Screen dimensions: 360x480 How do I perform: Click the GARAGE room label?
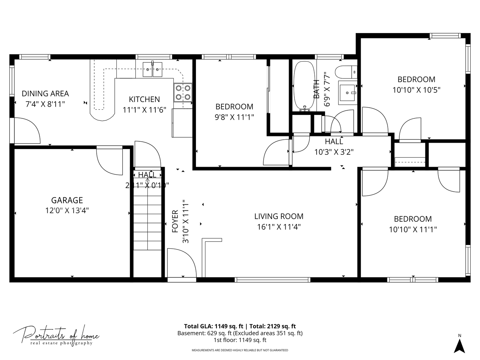point(67,200)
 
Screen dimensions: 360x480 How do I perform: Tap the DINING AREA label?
point(45,94)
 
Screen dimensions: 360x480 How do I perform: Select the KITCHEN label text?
point(144,99)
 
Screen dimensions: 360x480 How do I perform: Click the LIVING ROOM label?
point(279,216)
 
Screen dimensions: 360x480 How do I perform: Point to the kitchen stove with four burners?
point(183,93)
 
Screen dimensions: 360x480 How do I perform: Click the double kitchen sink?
point(153,69)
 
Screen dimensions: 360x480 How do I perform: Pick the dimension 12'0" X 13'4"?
point(67,211)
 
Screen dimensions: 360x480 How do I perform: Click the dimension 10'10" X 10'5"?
point(416,90)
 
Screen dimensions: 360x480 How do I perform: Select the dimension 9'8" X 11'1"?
point(234,117)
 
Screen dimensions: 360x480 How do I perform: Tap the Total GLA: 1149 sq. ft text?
point(214,326)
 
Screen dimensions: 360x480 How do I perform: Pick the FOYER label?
point(175,221)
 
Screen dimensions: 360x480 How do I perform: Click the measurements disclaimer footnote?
point(240,350)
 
